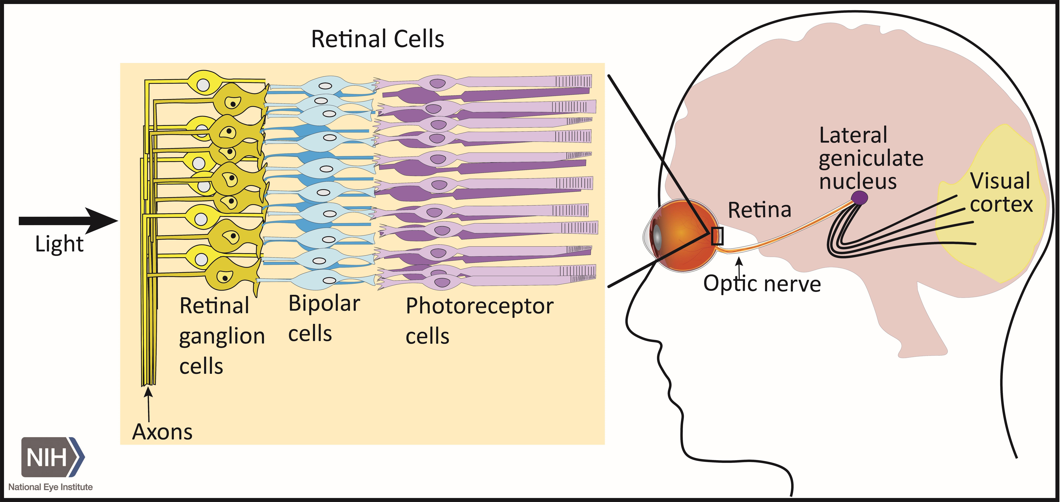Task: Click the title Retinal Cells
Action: pyautogui.click(x=377, y=39)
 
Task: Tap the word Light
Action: pyautogui.click(x=59, y=244)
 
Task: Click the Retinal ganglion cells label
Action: pyautogui.click(x=222, y=336)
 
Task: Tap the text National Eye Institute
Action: pyautogui.click(x=50, y=487)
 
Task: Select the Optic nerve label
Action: pyautogui.click(x=762, y=284)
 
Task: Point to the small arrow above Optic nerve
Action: pyautogui.click(x=740, y=268)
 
